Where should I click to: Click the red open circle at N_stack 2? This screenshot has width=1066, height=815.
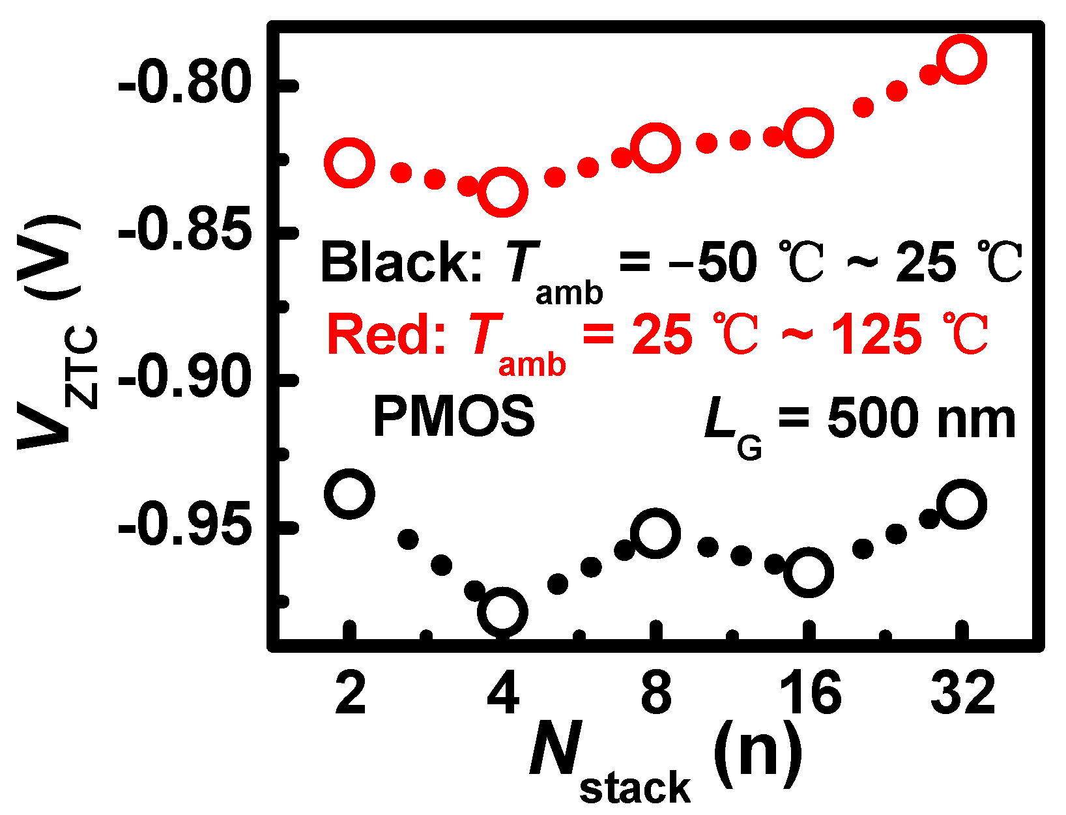pos(349,162)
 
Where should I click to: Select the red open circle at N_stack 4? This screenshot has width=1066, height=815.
pos(502,193)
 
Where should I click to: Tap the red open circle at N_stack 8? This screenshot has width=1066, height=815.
pos(655,148)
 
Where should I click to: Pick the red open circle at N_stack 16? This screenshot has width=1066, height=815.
pos(809,134)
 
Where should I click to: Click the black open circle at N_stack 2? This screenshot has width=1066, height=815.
pos(349,493)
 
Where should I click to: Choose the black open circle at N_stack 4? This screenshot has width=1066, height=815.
pos(502,612)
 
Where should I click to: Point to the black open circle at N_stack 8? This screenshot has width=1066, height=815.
pos(655,534)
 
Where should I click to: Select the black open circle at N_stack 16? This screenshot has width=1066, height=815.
pos(809,573)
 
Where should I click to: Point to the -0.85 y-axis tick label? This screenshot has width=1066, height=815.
pos(184,231)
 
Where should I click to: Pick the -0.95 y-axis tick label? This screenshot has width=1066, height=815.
pos(184,526)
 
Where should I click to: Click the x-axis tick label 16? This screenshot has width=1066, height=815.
pos(809,693)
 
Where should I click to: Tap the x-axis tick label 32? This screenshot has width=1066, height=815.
pos(962,693)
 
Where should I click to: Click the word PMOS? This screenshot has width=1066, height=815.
pos(454,417)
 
